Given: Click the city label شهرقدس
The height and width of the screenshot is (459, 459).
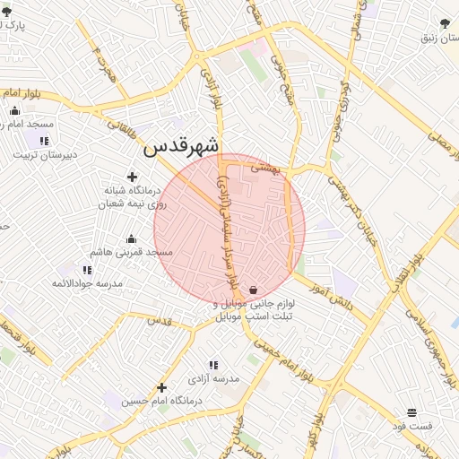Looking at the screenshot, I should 181,144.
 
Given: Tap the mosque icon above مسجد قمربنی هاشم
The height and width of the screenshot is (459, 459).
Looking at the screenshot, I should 132,238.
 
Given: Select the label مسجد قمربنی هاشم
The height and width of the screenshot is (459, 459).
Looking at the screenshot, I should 132,254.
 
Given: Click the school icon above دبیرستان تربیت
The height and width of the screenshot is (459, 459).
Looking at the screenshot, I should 43,141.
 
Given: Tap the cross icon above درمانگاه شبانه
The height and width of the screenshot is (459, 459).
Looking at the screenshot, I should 133,178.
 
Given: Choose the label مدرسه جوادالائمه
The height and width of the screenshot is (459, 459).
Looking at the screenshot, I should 86,283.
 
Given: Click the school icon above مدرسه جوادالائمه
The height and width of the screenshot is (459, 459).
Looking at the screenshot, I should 87,269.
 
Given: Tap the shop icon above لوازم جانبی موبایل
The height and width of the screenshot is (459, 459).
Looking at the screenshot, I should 255,290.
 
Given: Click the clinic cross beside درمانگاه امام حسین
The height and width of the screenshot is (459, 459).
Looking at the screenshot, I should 161,387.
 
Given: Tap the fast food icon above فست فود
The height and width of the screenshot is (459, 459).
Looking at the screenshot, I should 411,412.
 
